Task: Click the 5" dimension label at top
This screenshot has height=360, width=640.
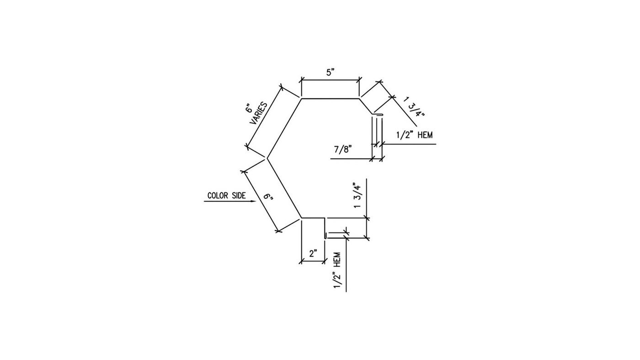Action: tap(331, 73)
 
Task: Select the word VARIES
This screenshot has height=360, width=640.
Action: tap(259, 113)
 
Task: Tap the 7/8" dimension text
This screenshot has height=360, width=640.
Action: tap(343, 149)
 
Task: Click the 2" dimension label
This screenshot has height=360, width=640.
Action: tap(313, 253)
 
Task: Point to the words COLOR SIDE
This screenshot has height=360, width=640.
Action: tap(227, 196)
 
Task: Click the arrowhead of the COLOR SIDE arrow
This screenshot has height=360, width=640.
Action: tap(253, 201)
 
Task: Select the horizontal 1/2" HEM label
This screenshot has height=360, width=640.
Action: tap(415, 135)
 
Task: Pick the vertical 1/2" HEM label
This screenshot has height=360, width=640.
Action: tap(337, 270)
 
